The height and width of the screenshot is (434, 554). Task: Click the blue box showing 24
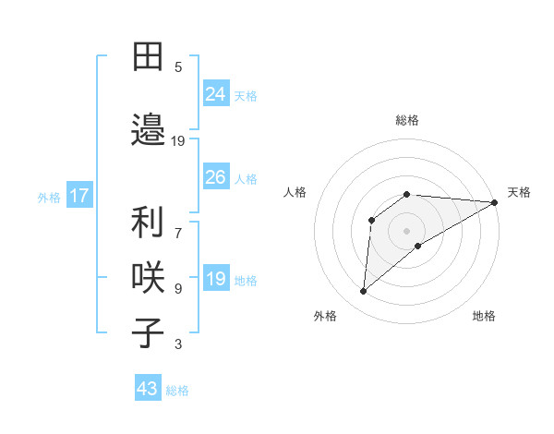216,93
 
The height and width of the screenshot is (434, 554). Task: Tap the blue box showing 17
78,196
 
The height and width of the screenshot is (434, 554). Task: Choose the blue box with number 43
148,389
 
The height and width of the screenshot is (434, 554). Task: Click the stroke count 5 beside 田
178,66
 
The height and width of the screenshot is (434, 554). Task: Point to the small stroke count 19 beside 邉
178,140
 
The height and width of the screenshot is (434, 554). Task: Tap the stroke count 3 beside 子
178,344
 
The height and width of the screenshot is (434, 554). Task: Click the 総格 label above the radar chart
407,120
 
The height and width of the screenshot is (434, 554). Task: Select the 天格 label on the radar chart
520,192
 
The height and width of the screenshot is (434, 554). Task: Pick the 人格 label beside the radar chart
295,192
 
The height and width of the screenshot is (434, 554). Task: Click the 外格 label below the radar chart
325,316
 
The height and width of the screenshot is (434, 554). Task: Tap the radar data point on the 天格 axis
496,202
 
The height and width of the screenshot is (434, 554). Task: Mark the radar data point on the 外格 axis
363,292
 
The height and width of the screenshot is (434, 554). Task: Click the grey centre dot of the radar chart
406,230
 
